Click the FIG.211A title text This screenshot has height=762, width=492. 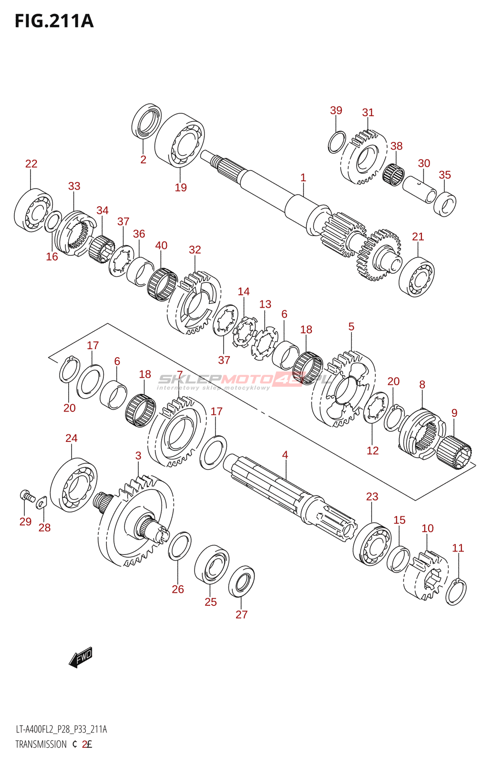click(54, 21)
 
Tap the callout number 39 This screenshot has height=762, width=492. click(336, 110)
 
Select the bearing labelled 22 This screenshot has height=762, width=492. click(32, 210)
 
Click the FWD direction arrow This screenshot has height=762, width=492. click(81, 657)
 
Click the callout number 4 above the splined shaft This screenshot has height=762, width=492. click(285, 455)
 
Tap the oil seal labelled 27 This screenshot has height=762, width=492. click(241, 581)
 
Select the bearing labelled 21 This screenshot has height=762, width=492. click(416, 276)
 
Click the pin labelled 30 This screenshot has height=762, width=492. click(420, 190)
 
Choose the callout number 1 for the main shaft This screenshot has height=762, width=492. click(303, 178)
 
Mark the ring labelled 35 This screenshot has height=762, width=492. click(445, 203)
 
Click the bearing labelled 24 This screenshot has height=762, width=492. click(73, 485)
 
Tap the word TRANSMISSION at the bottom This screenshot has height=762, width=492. click(41, 744)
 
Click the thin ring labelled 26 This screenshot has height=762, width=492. click(180, 546)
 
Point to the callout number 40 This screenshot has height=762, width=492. click(161, 245)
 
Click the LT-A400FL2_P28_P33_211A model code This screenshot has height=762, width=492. click(61, 729)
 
